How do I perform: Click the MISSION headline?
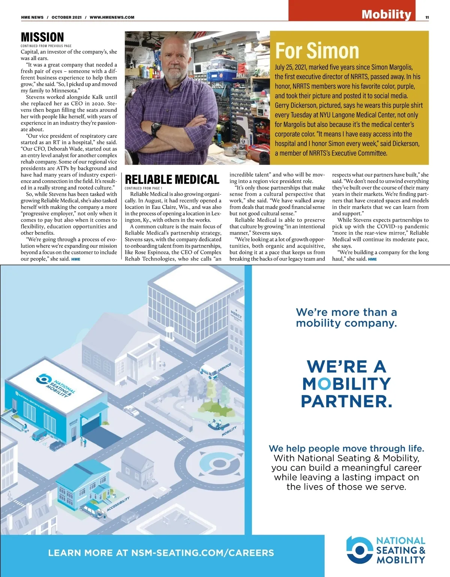pos(42,37)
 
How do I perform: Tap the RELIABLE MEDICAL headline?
pos(172,180)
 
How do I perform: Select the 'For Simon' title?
pos(317,51)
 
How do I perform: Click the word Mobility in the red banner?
pos(386,15)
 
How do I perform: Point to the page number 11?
pos(427,17)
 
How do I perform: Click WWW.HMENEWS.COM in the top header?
pos(112,17)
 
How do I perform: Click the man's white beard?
pos(174,73)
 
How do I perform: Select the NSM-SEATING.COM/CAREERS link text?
pos(202,553)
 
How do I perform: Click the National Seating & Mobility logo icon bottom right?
pos(359,550)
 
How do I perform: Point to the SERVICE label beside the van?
pos(224,367)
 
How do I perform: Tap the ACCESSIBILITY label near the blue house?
pos(118,504)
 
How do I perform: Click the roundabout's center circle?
pos(219,464)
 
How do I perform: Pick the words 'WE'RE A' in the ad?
pos(346,366)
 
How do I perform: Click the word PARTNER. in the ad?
pos(346,401)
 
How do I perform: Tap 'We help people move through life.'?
pos(346,448)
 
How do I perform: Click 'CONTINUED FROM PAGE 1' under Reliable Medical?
pos(144,188)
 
